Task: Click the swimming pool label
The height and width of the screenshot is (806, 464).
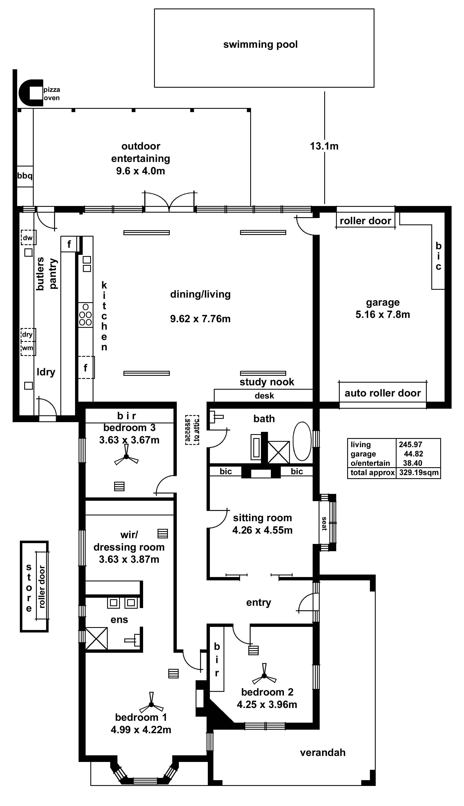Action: click(260, 44)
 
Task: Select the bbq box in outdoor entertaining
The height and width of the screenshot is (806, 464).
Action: click(25, 176)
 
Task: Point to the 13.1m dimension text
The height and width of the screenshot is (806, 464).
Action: click(324, 146)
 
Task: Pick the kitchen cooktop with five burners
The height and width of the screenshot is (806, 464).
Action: click(85, 315)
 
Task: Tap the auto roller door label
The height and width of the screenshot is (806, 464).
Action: click(382, 393)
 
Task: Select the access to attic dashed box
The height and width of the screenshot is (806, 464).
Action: click(192, 430)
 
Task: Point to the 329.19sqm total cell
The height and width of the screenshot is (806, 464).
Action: click(419, 472)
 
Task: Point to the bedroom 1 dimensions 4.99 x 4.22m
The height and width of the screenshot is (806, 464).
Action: click(141, 729)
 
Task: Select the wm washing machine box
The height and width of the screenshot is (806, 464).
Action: click(28, 348)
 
